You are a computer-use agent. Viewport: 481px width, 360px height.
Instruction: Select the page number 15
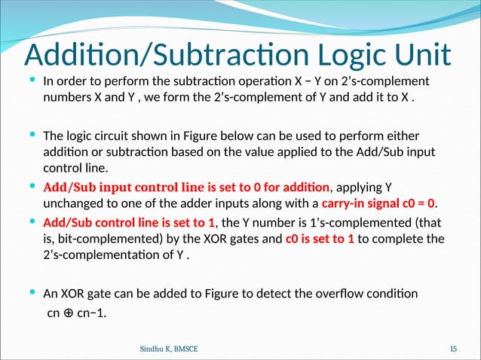453,348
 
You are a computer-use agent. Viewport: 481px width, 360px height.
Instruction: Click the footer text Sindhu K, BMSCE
170,348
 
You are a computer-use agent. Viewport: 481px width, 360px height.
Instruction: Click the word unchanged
73,203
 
